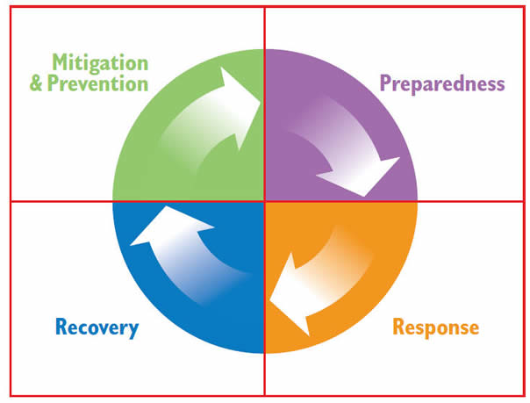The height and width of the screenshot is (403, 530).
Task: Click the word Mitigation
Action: click(x=99, y=62)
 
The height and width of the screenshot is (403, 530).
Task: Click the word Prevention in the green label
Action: click(x=109, y=84)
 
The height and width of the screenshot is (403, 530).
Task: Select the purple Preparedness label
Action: click(x=442, y=84)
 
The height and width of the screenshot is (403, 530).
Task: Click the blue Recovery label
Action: click(x=97, y=328)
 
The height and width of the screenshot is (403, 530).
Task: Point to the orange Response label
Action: click(x=436, y=328)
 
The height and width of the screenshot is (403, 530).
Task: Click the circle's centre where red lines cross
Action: click(x=264, y=201)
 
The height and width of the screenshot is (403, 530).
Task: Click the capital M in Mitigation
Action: click(x=61, y=62)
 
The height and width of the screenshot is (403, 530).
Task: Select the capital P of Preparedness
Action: click(x=385, y=84)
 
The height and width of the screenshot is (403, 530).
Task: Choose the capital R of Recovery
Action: click(x=61, y=328)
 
